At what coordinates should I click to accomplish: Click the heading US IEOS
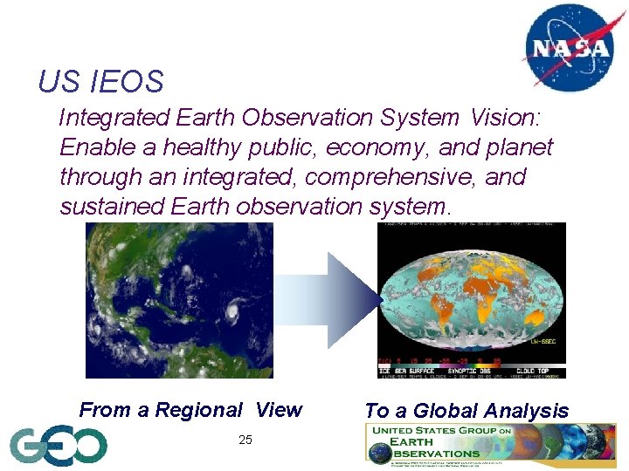click(x=100, y=82)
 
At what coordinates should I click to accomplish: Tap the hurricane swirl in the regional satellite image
click(x=234, y=309)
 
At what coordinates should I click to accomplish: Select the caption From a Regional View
click(x=190, y=410)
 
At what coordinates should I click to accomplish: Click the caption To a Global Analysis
click(x=466, y=411)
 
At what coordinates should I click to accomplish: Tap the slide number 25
click(x=245, y=440)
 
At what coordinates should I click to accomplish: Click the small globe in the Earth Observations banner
click(x=378, y=453)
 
